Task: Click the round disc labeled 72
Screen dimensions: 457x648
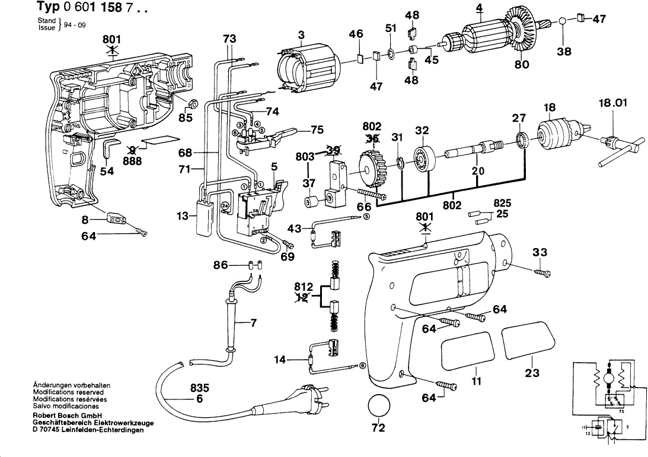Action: click(379, 406)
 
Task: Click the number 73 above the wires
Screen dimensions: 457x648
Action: click(229, 39)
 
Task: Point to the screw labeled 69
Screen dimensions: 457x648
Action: click(288, 245)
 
